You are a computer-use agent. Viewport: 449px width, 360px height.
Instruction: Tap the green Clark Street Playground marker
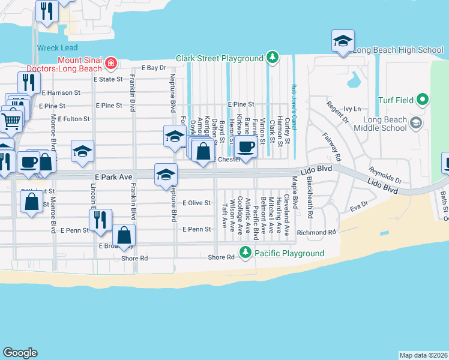(273, 58)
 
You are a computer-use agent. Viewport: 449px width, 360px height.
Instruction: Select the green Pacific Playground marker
(245, 253)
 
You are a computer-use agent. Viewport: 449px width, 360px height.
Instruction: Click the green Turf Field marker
(423, 100)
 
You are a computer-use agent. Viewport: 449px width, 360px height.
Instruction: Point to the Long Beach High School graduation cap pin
(343, 41)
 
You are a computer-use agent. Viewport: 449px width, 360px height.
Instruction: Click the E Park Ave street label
(112, 177)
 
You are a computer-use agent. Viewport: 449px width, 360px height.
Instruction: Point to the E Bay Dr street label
(154, 68)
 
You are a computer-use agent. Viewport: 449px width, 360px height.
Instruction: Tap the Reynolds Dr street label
(385, 175)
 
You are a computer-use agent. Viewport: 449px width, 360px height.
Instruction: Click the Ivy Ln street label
(352, 109)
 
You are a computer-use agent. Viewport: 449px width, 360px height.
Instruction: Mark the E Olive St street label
(196, 203)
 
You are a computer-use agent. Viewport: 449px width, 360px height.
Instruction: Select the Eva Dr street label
(358, 208)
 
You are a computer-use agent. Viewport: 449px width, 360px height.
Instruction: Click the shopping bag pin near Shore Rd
(124, 236)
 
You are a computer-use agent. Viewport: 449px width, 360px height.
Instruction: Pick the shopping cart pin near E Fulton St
(11, 122)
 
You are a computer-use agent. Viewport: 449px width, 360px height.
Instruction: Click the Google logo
(20, 353)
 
